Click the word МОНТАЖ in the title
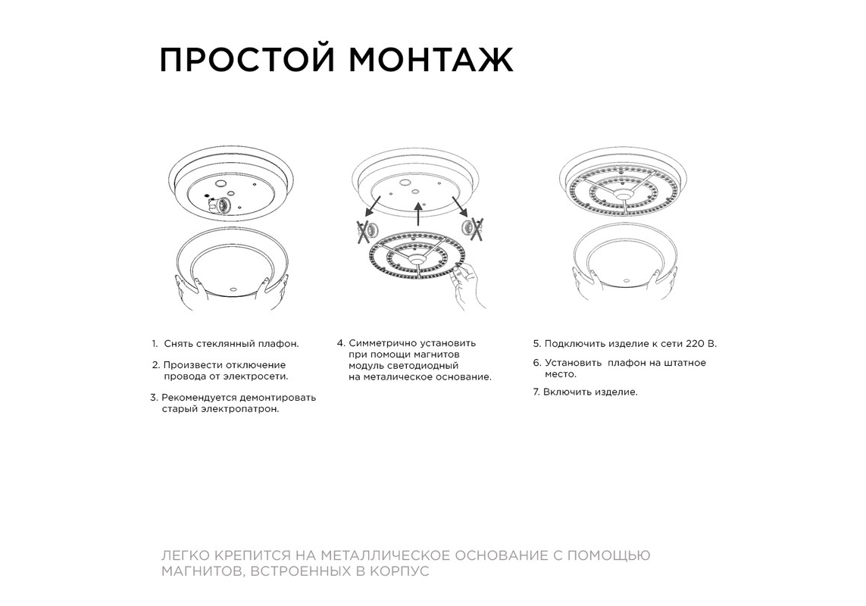pos(431,60)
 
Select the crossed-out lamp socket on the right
pos(473,227)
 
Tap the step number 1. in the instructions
pos(155,344)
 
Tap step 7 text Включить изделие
pos(590,392)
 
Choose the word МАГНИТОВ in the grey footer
pos(202,572)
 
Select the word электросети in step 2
pos(255,376)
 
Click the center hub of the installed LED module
pos(624,195)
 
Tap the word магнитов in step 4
pos(436,355)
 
